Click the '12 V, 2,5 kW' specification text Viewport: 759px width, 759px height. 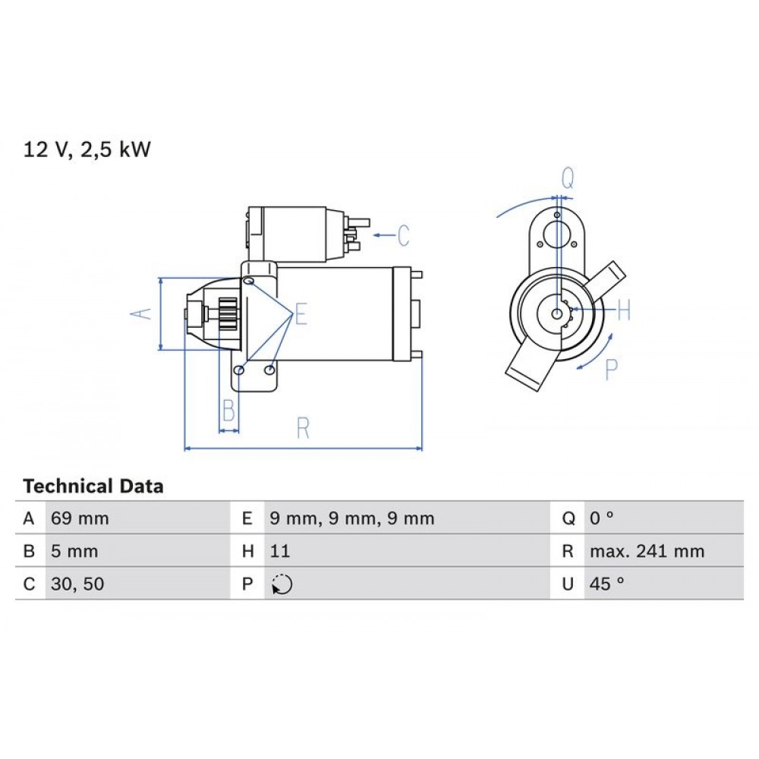[87, 150]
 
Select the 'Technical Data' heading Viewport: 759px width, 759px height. [93, 486]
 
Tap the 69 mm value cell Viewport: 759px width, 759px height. [80, 519]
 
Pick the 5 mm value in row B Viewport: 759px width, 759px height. [74, 552]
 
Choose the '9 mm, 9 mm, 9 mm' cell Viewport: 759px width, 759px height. [352, 519]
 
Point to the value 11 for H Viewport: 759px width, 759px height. [280, 552]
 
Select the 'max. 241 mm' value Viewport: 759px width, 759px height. [647, 552]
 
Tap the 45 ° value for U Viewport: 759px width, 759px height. [606, 584]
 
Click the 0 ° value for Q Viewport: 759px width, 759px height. [601, 519]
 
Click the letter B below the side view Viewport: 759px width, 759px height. [228, 411]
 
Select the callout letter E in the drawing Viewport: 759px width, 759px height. [301, 313]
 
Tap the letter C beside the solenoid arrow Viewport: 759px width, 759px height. [402, 235]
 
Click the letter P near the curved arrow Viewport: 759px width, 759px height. [612, 369]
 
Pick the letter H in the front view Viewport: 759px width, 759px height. [623, 310]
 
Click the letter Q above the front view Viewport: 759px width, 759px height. [568, 178]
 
